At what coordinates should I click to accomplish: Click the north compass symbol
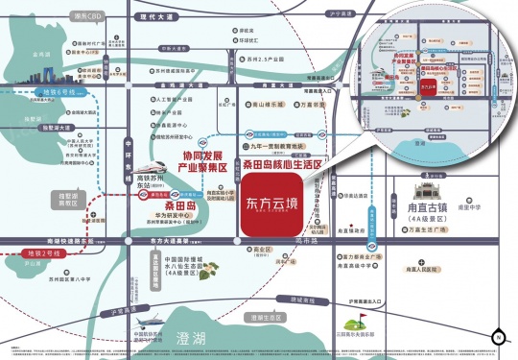[x=498, y=337]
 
